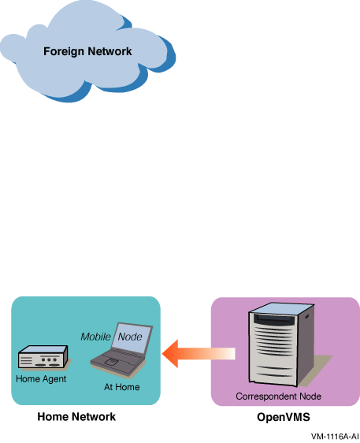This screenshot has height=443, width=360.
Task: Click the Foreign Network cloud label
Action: pos(87,51)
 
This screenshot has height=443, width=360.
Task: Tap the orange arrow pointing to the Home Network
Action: pos(199,354)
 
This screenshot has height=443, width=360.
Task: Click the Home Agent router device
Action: pos(43,356)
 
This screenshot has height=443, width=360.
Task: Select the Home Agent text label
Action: pos(41,379)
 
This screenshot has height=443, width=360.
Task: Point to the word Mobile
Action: pos(95,337)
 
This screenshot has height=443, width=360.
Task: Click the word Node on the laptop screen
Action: pos(130,337)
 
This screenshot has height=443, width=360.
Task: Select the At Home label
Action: pos(121,387)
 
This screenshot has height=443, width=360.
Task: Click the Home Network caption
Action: pos(76,417)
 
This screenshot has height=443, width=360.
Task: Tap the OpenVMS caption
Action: pos(284,417)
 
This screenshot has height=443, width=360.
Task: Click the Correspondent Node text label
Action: pos(278,396)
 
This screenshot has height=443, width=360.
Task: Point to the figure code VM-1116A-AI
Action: pos(335,436)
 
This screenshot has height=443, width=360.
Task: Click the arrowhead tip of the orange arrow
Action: pos(162,354)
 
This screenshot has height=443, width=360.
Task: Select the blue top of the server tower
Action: pos(282,308)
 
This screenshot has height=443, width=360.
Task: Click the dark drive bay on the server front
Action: pos(274,320)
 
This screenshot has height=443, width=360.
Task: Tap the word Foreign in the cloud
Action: pos(64,51)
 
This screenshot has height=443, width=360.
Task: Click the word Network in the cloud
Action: pos(109,51)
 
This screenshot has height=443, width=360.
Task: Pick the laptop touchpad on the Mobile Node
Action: pos(112,361)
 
